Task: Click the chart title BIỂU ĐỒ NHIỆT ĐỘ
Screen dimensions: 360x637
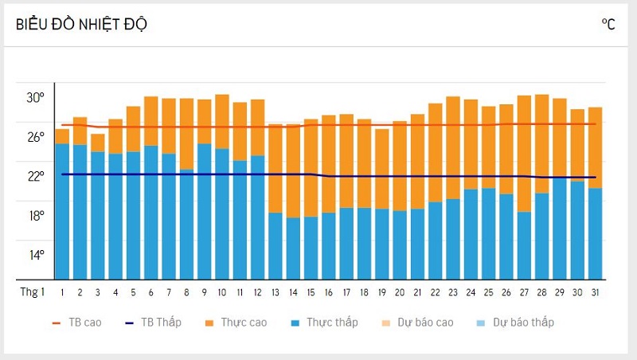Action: (81, 24)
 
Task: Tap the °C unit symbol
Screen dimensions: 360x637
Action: (608, 24)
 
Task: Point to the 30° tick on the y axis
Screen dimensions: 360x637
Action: (36, 98)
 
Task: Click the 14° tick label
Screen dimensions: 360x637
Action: (36, 255)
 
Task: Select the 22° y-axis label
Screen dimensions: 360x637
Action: (36, 176)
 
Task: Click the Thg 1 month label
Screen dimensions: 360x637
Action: (33, 292)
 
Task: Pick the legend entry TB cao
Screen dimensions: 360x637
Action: (76, 323)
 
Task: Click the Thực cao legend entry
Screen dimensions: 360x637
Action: (236, 323)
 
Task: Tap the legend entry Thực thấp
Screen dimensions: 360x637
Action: (328, 323)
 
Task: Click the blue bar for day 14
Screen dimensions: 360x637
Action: (293, 248)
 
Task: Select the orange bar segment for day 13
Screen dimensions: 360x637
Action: (276, 168)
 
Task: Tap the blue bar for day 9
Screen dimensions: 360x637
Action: (204, 211)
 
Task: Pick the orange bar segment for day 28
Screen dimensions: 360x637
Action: (542, 143)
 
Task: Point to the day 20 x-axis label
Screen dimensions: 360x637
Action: (400, 292)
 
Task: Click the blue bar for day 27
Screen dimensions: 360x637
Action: (524, 245)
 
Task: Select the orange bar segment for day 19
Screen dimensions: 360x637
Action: (381, 169)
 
